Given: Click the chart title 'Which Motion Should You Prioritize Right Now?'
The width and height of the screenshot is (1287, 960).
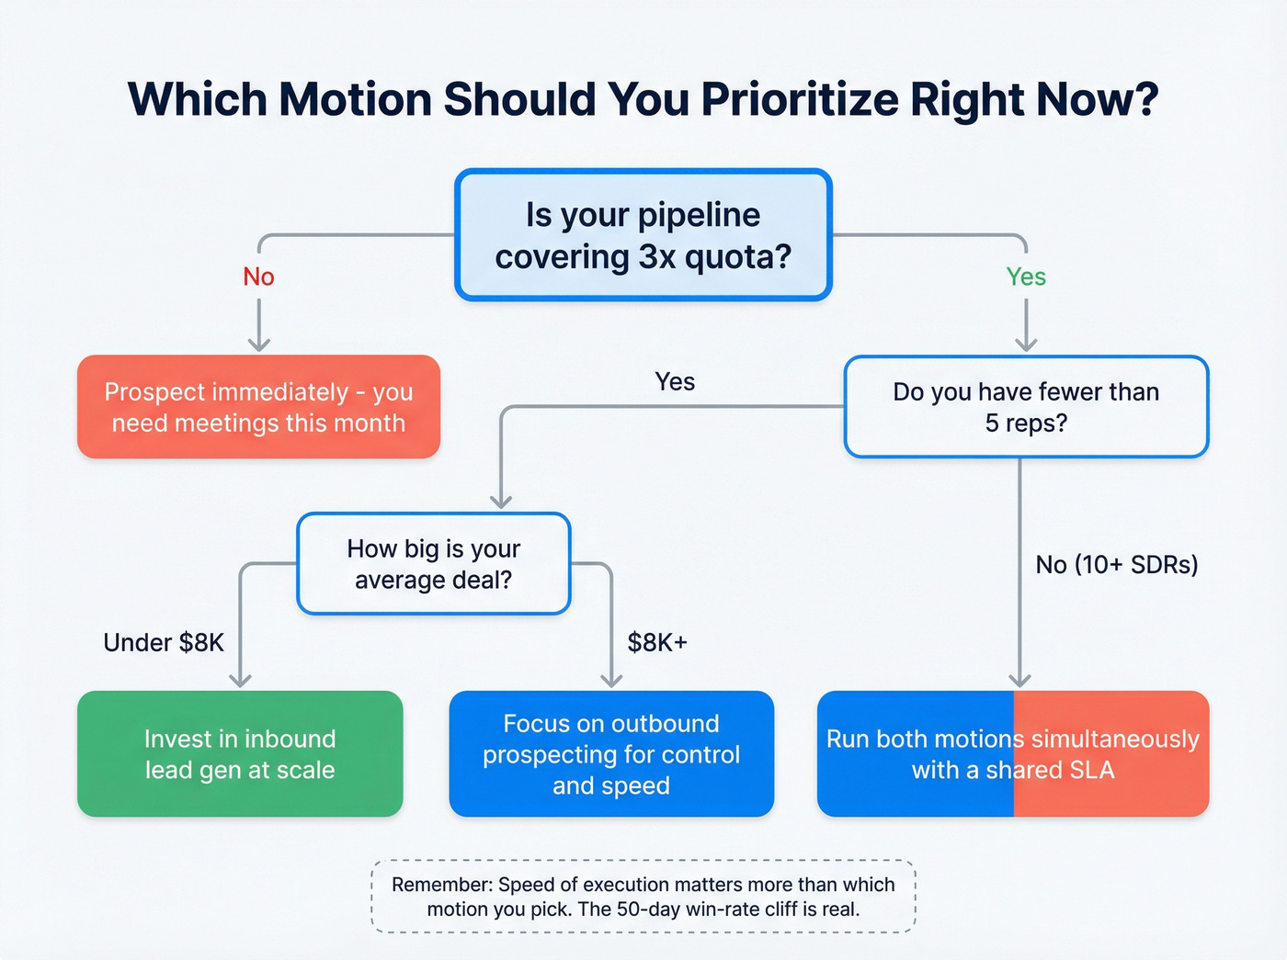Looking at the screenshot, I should pyautogui.click(x=643, y=99).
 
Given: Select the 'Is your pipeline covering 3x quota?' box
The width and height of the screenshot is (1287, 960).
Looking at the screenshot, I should pyautogui.click(x=643, y=235).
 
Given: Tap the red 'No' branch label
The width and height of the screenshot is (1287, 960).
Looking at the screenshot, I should pyautogui.click(x=258, y=277).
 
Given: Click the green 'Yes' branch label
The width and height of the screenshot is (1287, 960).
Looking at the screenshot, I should pyautogui.click(x=1026, y=277).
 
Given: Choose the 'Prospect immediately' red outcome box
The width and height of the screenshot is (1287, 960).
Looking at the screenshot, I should pyautogui.click(x=258, y=407).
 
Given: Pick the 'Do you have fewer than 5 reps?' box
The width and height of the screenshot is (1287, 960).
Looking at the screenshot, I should pyautogui.click(x=1026, y=407).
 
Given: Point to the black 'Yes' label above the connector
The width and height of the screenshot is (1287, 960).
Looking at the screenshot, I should pyautogui.click(x=675, y=381).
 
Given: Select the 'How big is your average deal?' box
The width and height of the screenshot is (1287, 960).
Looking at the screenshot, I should pyautogui.click(x=433, y=564).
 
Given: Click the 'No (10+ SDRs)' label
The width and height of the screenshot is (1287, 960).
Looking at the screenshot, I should pyautogui.click(x=1116, y=564).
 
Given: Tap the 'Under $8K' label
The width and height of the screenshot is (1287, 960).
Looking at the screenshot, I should pyautogui.click(x=164, y=642).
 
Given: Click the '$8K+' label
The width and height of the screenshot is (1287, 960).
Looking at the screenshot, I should pyautogui.click(x=656, y=642).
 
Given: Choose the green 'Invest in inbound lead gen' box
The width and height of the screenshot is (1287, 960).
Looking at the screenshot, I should pyautogui.click(x=240, y=754).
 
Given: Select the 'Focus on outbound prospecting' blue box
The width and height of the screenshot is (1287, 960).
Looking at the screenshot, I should pyautogui.click(x=611, y=754).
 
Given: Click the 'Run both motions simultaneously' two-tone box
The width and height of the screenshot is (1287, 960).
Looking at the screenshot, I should pyautogui.click(x=1012, y=754).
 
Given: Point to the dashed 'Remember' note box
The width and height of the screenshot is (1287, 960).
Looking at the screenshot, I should pyautogui.click(x=643, y=897).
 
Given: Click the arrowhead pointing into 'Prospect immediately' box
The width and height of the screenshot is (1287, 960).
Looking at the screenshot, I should pyautogui.click(x=259, y=344).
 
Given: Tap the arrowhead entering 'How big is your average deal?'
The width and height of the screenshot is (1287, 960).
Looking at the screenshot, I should pyautogui.click(x=501, y=501).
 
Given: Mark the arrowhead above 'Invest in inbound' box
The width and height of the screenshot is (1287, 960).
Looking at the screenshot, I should pyautogui.click(x=240, y=680).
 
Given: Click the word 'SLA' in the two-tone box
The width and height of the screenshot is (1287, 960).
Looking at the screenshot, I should pyautogui.click(x=1092, y=770).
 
